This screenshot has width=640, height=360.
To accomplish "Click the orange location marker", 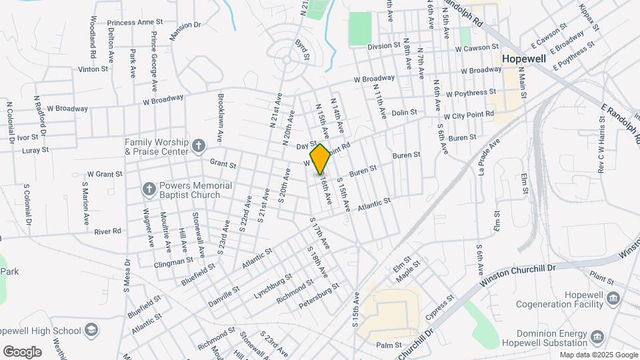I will point(320,159).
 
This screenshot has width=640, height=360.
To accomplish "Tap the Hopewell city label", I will point(523,59).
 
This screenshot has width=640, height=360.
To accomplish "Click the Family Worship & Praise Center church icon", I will point(198,145).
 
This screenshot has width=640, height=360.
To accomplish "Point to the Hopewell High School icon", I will point(91,329).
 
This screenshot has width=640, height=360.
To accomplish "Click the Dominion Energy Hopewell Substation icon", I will point(597,335).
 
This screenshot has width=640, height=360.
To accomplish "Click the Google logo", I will point(22,351).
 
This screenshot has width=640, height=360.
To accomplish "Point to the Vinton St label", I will point(93,69).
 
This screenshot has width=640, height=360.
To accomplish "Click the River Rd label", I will point(107,231).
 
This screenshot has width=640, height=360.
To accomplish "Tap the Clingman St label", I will point(172,262).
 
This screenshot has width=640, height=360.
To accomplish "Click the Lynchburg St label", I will point(273,285).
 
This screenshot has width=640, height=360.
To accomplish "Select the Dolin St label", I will point(404,113).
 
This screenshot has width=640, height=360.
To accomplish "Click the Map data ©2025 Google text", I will point(599,355).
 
